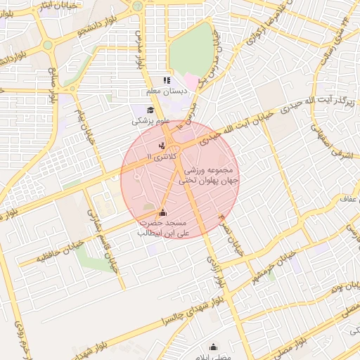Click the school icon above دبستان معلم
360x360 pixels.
pyautogui.click(x=167, y=81)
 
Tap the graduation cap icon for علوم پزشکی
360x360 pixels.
pyautogui.click(x=150, y=110)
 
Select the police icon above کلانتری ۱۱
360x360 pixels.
pyautogui.click(x=162, y=145)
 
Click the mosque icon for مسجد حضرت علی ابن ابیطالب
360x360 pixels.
pyautogui.click(x=163, y=212)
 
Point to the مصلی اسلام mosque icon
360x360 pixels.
pyautogui.click(x=214, y=347)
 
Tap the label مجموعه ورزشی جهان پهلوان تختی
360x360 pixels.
pyautogui.click(x=211, y=175)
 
